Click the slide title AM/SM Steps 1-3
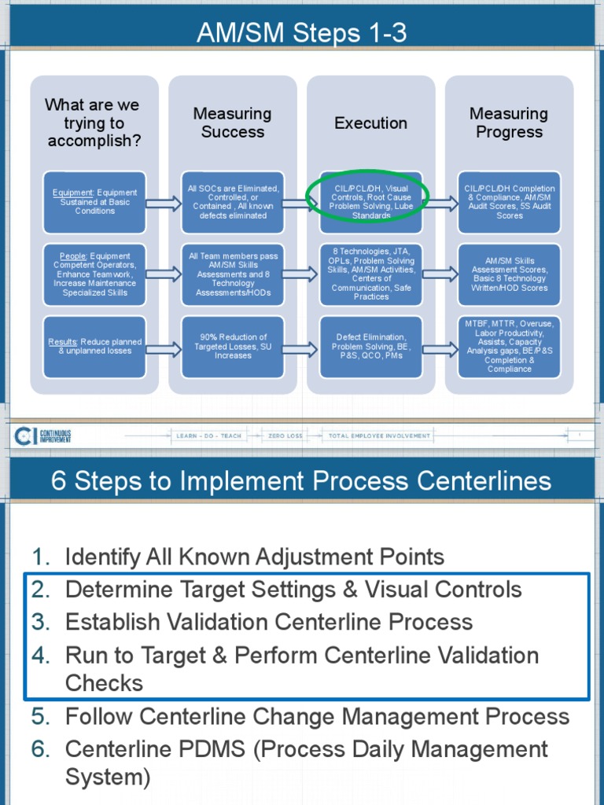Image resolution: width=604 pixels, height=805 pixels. (x=302, y=34)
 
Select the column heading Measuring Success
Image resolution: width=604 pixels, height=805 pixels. (x=232, y=123)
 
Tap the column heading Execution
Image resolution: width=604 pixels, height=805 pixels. (x=370, y=123)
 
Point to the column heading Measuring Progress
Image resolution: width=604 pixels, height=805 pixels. (x=509, y=123)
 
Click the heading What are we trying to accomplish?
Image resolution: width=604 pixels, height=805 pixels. (x=93, y=123)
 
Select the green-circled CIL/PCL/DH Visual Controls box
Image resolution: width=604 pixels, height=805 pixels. (x=370, y=202)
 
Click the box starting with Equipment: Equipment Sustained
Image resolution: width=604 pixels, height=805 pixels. (x=94, y=202)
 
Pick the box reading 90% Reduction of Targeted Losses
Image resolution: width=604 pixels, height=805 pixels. (x=233, y=347)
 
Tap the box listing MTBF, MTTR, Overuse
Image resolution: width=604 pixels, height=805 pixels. (x=509, y=347)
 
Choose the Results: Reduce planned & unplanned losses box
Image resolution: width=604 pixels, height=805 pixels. (x=94, y=347)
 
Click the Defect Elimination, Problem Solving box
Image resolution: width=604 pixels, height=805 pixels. (x=370, y=347)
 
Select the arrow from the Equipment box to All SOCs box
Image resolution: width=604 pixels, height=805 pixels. (x=164, y=204)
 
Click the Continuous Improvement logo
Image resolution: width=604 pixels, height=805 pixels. (x=43, y=435)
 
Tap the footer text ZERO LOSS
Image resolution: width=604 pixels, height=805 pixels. (x=285, y=436)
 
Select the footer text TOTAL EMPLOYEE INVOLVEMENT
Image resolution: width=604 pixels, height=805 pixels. (x=379, y=436)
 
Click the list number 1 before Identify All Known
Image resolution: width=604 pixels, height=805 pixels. (x=41, y=557)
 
